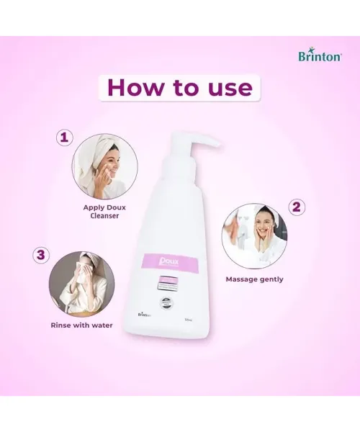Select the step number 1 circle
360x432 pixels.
66,137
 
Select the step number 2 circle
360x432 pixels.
296,206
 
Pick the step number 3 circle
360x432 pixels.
41,254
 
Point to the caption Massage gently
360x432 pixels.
254,279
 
